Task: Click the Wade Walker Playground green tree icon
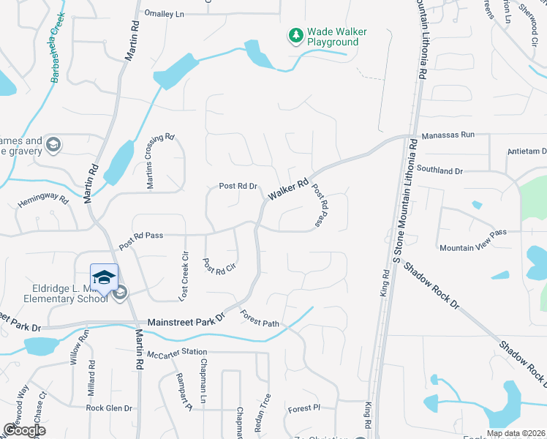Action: pos(295,36)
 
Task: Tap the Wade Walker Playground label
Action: pos(336,37)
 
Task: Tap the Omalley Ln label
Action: pos(164,14)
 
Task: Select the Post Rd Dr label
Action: pos(239,187)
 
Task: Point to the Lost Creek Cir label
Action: pos(184,277)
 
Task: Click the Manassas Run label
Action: pos(448,135)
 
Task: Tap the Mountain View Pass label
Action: pos(472,248)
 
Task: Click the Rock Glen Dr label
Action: pos(109,408)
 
